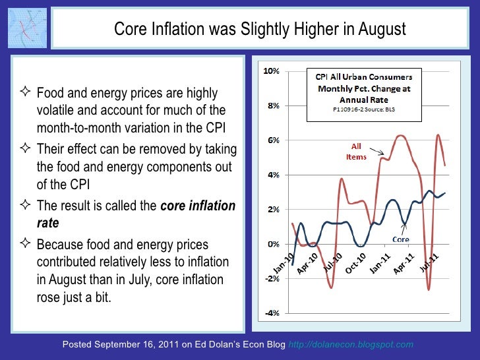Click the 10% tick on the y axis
tap(270, 71)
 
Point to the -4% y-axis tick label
tap(270, 313)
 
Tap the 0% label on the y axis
tap(271, 244)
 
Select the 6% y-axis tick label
tap(271, 140)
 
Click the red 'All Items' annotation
tap(356, 152)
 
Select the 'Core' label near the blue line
tap(402, 239)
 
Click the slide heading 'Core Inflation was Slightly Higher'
tap(260, 30)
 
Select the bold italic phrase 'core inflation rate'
tap(135, 214)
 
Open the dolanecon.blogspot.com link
tap(351, 344)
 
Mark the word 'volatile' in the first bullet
tap(57, 110)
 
